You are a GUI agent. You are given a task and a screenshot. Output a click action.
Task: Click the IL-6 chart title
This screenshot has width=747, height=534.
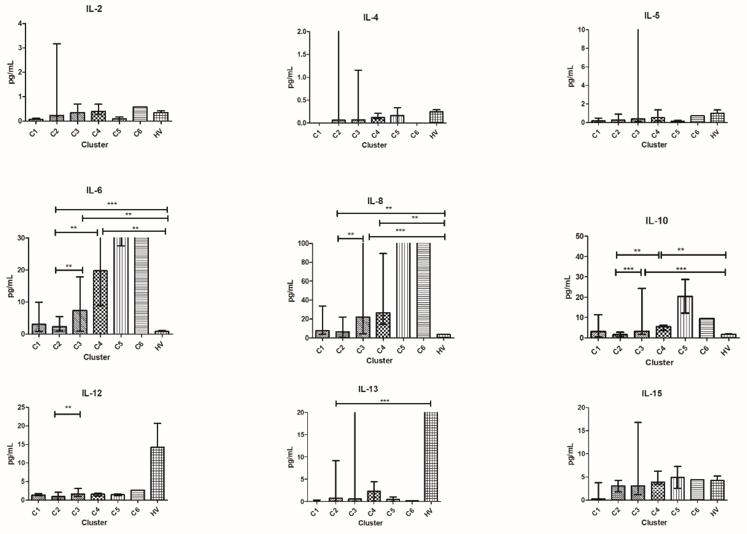pos(94,190)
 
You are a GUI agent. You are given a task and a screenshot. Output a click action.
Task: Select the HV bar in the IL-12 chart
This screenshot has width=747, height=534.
pos(157,473)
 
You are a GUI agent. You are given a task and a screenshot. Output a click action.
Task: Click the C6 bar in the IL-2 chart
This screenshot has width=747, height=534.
pos(140,114)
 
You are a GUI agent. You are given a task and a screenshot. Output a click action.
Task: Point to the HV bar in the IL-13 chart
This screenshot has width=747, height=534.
pos(431,457)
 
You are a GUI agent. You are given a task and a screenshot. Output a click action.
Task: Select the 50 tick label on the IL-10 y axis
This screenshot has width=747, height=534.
pos(579,236)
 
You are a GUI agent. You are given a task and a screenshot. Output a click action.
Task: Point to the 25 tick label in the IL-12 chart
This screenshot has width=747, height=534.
pos(21,407)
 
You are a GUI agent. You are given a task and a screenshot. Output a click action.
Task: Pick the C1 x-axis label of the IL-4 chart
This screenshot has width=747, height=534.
pos(317,134)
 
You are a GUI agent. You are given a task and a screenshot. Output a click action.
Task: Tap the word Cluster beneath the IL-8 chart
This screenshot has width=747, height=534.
pos(379,361)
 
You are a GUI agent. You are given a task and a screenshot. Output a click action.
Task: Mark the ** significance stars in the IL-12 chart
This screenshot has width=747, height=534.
pos(68,407)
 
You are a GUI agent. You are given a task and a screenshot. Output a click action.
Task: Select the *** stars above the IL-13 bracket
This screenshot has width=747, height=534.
pos(384,401)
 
